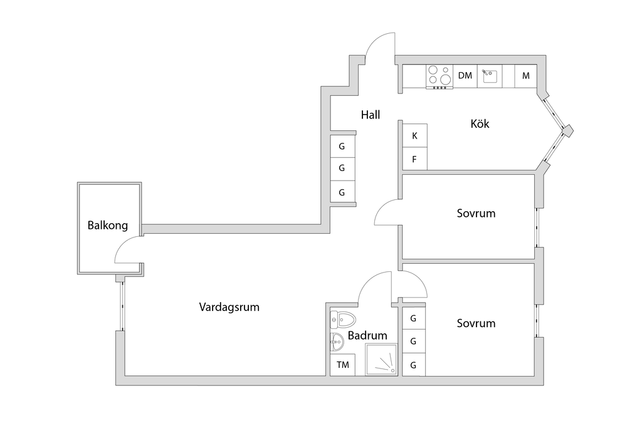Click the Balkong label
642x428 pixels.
point(108,226)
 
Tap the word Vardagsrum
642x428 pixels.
point(229,307)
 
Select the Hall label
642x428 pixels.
point(371,115)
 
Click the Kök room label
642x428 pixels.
point(480,123)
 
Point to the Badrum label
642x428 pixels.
point(367,335)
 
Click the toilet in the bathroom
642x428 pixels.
point(343,320)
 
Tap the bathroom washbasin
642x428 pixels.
point(337,342)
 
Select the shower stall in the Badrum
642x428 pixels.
point(381,359)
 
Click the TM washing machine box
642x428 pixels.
point(343,365)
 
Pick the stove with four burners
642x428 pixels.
point(439,77)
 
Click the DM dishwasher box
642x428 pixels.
point(465,76)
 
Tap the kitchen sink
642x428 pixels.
point(490,76)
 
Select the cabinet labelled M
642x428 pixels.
point(526,76)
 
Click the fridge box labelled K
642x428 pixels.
point(415,136)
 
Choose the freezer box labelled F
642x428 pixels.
point(415,159)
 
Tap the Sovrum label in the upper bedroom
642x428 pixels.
point(476,213)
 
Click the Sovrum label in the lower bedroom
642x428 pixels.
point(476,323)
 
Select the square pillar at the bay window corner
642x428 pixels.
point(567,131)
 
